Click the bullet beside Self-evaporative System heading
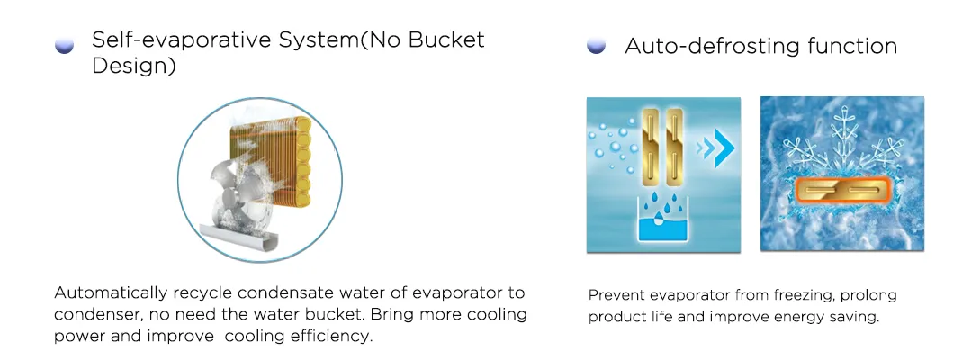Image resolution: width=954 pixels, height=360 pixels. pos(64,45)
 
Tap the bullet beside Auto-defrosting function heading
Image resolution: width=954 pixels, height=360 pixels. pos(596,46)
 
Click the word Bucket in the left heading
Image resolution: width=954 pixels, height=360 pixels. pos(446,40)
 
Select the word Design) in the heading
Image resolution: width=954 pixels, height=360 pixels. pos(134,65)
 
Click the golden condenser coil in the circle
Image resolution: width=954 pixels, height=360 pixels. pos(272,161)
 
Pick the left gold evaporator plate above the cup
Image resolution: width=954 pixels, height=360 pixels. pos(650,148)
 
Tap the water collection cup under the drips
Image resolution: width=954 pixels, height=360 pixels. pos(663,224)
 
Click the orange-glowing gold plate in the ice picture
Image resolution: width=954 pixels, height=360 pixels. pos(842,193)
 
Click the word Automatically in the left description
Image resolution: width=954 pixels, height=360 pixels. pos(111,293)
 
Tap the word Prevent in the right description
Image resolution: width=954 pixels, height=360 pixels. pos(610,296)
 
